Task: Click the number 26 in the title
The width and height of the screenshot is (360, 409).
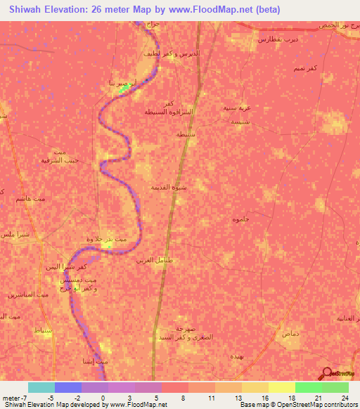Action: coord(94,10)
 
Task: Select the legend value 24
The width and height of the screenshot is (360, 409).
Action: coord(345,397)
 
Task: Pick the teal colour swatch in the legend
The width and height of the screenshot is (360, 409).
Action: coord(41,387)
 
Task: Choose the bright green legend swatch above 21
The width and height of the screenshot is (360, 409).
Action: coord(309,387)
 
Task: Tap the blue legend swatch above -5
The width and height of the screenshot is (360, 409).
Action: coord(68,387)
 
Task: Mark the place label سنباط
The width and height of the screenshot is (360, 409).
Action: coord(42,330)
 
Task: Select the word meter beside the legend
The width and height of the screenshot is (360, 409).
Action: coord(11,397)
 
